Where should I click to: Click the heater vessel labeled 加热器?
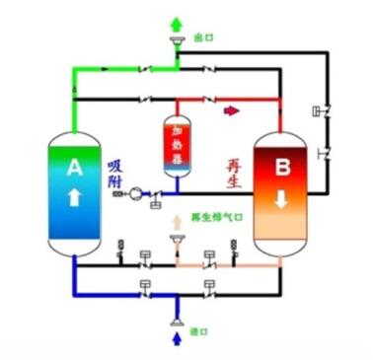tap(178, 146)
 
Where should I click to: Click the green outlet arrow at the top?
tap(177, 23)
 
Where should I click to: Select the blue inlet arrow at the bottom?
tap(177, 339)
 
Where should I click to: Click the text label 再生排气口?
tap(213, 218)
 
